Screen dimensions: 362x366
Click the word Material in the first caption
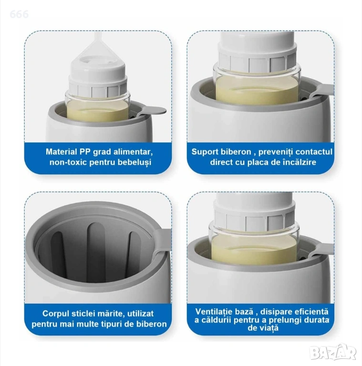pyautogui.click(x=62, y=152)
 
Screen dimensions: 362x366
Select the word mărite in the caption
pyautogui.click(x=111, y=314)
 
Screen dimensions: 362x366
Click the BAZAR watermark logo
pyautogui.click(x=334, y=352)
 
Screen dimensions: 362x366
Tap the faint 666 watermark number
pyautogui.click(x=19, y=14)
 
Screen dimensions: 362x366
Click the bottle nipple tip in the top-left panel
pyautogui.click(x=97, y=35)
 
